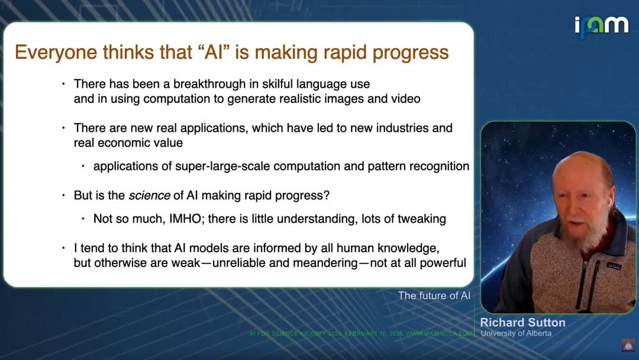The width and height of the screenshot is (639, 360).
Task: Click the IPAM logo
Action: (x=602, y=27)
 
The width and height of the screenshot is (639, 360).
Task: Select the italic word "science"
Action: (x=150, y=196)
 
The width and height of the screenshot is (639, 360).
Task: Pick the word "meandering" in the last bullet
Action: (x=325, y=263)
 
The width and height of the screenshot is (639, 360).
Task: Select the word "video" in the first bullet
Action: (x=405, y=99)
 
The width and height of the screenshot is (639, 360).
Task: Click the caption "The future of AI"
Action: (x=434, y=295)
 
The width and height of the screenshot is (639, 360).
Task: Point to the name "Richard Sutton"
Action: (x=523, y=323)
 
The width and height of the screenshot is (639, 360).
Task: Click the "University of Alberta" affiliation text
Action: (x=516, y=333)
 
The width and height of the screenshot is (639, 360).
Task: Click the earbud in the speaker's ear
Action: (x=609, y=201)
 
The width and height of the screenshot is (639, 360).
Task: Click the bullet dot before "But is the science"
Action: (x=63, y=196)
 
